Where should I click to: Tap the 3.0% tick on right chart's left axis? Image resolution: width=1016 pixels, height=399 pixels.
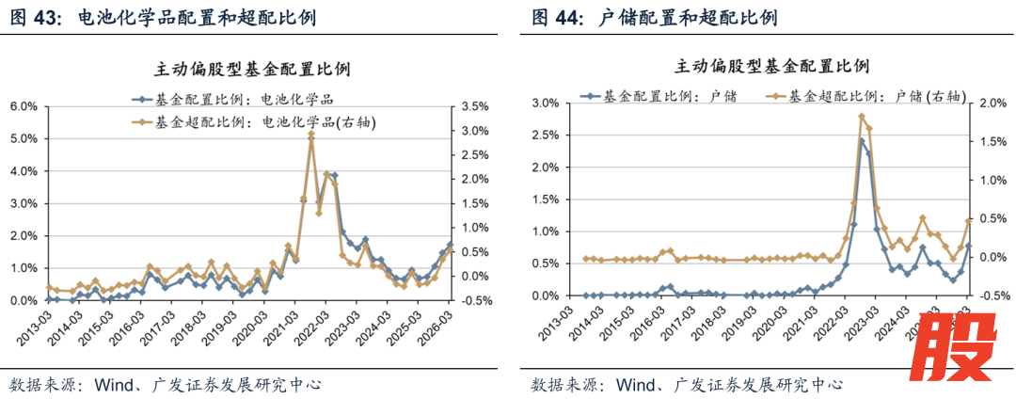pyautogui.click(x=547, y=103)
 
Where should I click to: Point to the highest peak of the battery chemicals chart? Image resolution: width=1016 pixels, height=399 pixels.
pyautogui.click(x=311, y=135)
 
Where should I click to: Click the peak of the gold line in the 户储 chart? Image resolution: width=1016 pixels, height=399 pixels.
pyautogui.click(x=862, y=116)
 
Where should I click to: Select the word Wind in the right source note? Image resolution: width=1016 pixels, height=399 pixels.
pyautogui.click(x=633, y=385)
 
